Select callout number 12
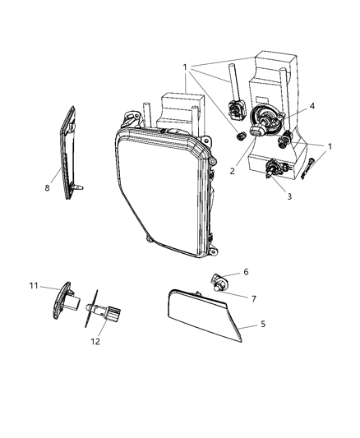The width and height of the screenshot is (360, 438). click(x=95, y=340)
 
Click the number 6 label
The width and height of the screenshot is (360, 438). click(x=244, y=271)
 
